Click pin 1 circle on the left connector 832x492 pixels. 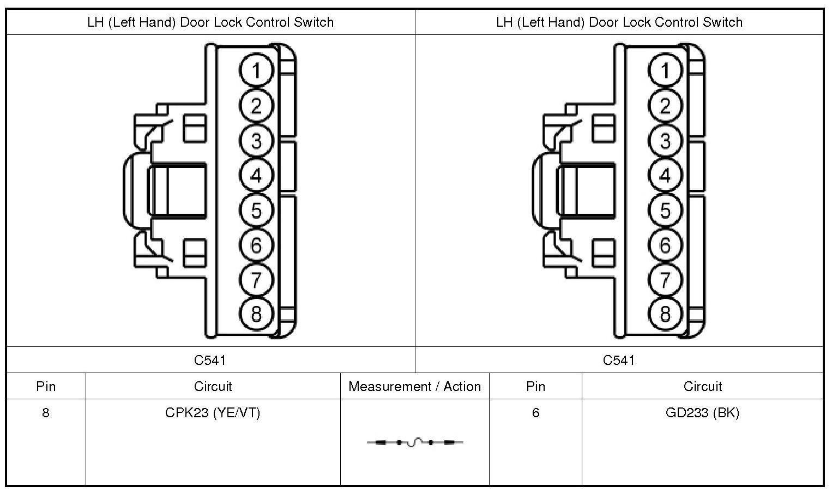[x=256, y=71]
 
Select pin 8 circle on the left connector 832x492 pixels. [x=256, y=314]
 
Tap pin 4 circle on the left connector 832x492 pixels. [x=256, y=176]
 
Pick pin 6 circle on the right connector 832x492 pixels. [x=665, y=245]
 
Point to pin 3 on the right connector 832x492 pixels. [x=665, y=141]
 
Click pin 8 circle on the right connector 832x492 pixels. [x=665, y=314]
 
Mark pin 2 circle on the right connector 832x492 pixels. [x=665, y=106]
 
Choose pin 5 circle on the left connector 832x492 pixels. [x=256, y=211]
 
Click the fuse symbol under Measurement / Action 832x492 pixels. [x=415, y=442]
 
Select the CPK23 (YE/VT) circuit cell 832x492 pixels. [x=213, y=413]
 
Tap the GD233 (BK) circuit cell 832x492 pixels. [x=702, y=413]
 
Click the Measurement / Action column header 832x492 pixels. [x=415, y=387]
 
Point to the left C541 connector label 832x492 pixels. [x=210, y=360]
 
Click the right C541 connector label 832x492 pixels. [x=619, y=360]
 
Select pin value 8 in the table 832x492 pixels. [x=46, y=413]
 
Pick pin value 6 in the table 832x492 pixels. [x=535, y=413]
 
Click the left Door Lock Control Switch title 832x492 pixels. [x=210, y=22]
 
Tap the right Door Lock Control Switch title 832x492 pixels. [x=619, y=22]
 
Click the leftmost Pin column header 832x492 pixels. [x=46, y=387]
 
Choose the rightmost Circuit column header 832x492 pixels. [x=702, y=387]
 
